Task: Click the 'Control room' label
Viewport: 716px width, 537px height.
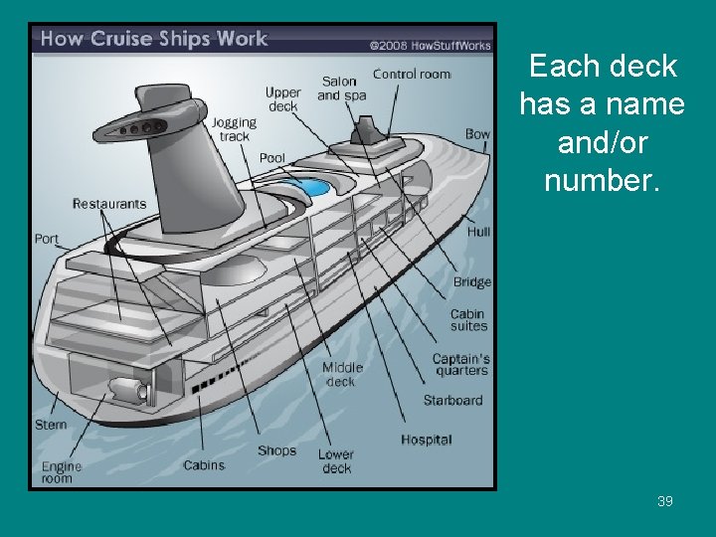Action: (x=412, y=75)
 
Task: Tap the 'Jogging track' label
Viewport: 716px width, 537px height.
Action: (x=234, y=129)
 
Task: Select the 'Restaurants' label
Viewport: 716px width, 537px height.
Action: (x=109, y=204)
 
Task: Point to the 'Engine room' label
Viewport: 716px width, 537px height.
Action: (x=62, y=472)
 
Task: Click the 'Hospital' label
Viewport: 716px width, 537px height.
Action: (x=427, y=440)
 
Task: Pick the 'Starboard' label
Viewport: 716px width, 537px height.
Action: (x=452, y=401)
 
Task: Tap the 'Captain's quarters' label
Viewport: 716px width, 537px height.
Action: (x=460, y=365)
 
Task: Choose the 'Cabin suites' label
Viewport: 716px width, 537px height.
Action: (x=468, y=320)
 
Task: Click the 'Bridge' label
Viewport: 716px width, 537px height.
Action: (x=472, y=282)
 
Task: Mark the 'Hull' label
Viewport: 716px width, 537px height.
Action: (x=478, y=232)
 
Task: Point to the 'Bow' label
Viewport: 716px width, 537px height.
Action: (x=477, y=134)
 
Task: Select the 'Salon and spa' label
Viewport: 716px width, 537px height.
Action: (x=341, y=89)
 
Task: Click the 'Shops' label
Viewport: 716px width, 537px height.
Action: (x=276, y=450)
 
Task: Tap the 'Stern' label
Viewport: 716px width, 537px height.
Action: (x=52, y=425)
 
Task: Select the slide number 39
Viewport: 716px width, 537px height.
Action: (x=665, y=501)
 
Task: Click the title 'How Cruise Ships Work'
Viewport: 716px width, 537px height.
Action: (x=154, y=40)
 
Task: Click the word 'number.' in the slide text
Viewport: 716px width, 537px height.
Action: (x=602, y=182)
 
